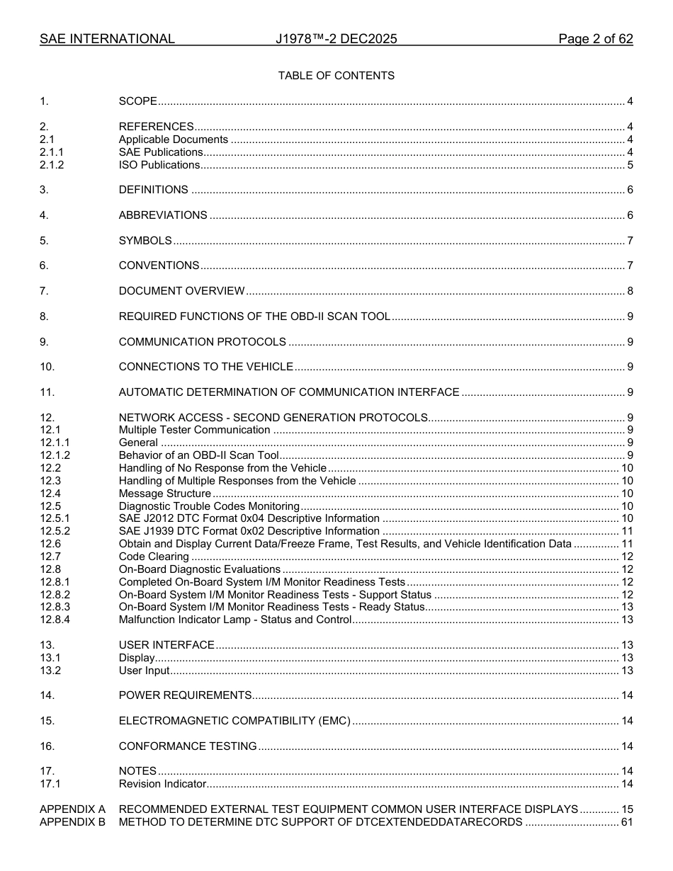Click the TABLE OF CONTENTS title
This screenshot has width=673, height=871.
(336, 76)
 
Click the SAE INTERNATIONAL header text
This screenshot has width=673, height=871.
(107, 39)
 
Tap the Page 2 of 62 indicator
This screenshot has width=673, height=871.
(595, 39)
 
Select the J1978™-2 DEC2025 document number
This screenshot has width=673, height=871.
(336, 39)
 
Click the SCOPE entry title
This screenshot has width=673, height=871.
(137, 101)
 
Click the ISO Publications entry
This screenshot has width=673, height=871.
(159, 165)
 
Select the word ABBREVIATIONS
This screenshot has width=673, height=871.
(163, 215)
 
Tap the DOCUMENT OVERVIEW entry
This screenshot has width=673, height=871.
(181, 291)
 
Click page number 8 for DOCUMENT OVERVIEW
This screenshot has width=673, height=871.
(630, 291)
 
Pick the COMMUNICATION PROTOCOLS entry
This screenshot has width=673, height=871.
(202, 342)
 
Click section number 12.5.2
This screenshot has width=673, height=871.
(55, 531)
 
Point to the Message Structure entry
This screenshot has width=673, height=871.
(164, 494)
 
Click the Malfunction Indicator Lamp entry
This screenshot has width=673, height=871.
(234, 620)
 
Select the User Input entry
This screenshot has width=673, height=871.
(144, 671)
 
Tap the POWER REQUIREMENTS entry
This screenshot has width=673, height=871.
(185, 695)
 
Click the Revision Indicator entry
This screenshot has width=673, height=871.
(162, 784)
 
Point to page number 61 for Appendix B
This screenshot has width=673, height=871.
(627, 822)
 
